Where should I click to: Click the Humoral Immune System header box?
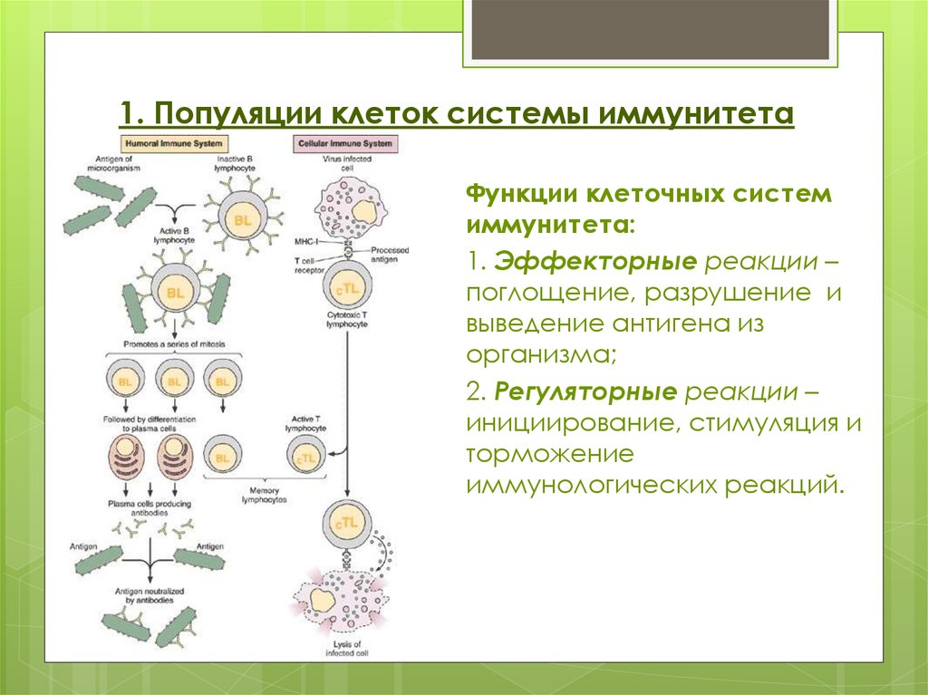(173, 144)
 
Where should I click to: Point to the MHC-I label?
(306, 242)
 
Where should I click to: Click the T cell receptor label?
(304, 264)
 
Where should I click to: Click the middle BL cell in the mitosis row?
(172, 381)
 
